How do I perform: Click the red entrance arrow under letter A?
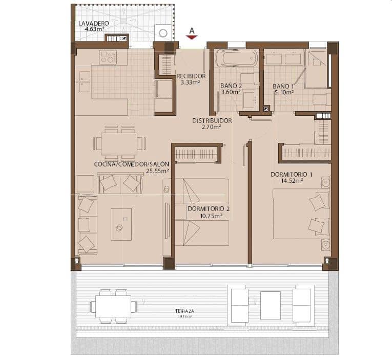click(192, 37)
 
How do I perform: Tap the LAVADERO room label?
click(93, 24)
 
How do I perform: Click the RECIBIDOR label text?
click(191, 76)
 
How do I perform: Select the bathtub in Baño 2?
click(236, 58)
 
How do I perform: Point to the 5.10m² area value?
click(283, 93)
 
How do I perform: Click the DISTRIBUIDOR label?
click(212, 121)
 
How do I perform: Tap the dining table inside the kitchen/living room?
click(119, 143)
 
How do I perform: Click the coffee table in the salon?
click(121, 224)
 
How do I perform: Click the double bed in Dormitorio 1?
click(300, 214)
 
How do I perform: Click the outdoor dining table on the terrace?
click(113, 306)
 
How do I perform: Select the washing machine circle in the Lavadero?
click(163, 33)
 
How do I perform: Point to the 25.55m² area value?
click(157, 171)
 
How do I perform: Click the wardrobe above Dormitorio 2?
click(197, 153)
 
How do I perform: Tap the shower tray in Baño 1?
click(316, 69)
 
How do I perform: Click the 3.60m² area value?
click(231, 93)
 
